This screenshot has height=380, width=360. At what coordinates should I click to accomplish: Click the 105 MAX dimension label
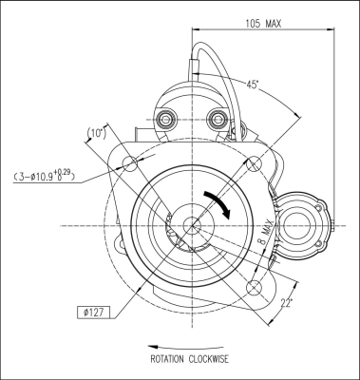click(263, 24)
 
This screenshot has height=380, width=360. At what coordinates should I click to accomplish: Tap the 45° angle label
click(253, 85)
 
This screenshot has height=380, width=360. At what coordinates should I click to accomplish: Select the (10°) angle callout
click(96, 133)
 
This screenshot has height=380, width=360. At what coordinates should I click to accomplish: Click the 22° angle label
click(286, 303)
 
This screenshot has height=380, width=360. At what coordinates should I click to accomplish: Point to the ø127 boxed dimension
click(94, 313)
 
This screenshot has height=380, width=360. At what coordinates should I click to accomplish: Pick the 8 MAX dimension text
click(264, 232)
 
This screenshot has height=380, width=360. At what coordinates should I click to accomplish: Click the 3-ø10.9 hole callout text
click(44, 176)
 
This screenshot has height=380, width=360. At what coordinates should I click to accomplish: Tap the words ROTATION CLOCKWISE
click(189, 359)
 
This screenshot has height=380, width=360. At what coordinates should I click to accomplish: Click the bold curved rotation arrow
click(218, 203)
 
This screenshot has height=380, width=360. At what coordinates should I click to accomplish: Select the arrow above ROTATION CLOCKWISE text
click(185, 347)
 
